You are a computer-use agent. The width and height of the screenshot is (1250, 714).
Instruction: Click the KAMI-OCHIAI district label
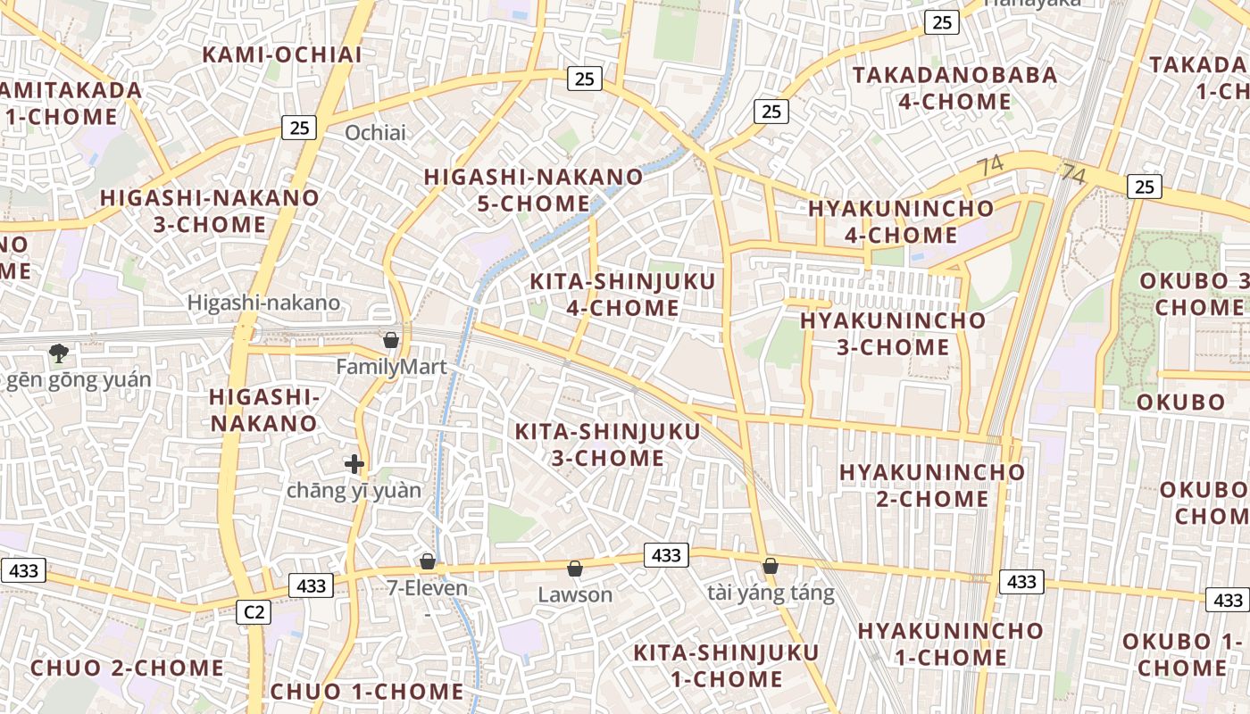(282, 54)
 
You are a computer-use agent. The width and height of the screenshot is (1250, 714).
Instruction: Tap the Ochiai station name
(375, 133)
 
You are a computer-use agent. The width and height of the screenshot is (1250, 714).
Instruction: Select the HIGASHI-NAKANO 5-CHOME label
(533, 190)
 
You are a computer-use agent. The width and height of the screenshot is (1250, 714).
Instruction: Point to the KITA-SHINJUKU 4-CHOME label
(622, 295)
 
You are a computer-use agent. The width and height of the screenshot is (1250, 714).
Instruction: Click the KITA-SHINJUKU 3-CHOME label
(607, 444)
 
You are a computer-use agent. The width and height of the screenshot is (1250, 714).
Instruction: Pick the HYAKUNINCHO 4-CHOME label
(900, 221)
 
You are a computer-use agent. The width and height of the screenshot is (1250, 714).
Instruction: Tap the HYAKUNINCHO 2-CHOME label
(932, 485)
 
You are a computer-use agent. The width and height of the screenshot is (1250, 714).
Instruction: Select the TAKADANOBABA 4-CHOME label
(954, 87)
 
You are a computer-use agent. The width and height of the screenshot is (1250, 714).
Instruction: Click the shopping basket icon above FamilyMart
(390, 339)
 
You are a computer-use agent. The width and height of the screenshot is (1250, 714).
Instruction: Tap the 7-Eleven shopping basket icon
(428, 561)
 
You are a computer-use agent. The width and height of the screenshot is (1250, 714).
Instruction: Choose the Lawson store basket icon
(575, 569)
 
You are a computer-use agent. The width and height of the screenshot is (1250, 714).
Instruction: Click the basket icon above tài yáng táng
(770, 566)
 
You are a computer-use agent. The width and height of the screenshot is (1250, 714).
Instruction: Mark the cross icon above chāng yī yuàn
(354, 464)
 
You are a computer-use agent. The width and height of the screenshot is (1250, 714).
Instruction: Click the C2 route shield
(254, 612)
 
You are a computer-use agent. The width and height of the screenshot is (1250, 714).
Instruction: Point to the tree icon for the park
(59, 353)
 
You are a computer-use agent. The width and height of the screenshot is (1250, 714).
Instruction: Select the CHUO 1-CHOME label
(366, 691)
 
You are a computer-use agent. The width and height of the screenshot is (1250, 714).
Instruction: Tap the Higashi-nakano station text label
(263, 303)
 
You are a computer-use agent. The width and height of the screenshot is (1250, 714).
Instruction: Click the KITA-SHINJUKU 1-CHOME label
(713, 665)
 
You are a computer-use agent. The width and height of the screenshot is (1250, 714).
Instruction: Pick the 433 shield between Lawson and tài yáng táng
(666, 555)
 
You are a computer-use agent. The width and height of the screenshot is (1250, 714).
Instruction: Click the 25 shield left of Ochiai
(299, 128)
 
